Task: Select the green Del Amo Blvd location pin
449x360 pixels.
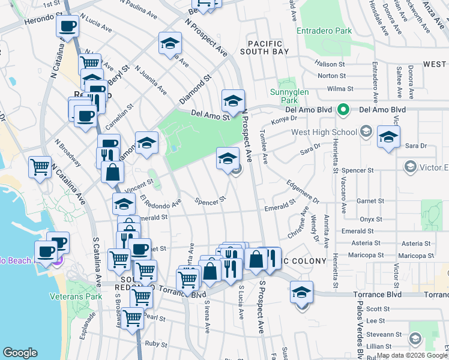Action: pos(343,110)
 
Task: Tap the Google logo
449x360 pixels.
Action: pos(20,353)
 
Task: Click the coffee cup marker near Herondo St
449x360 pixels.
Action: pos(67,27)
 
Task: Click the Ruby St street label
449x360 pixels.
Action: pos(156,344)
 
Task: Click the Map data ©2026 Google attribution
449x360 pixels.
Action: pos(410,355)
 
